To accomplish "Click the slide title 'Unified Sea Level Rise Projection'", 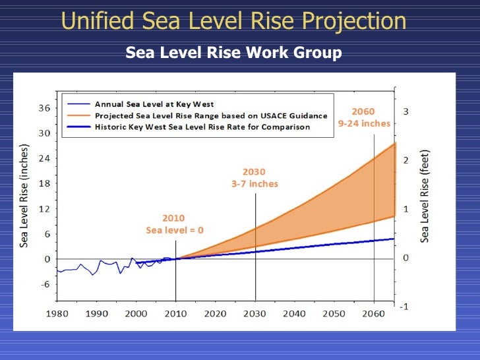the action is pyautogui.click(x=233, y=20).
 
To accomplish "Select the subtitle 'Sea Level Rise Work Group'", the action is pyautogui.click(x=233, y=52).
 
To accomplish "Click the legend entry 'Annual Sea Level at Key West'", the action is pyautogui.click(x=154, y=104).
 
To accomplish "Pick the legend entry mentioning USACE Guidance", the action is pyautogui.click(x=211, y=116).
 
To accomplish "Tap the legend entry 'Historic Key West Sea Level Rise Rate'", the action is pyautogui.click(x=202, y=127).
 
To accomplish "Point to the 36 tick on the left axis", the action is pyautogui.click(x=44, y=108).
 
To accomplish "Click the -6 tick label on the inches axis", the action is pyautogui.click(x=45, y=284).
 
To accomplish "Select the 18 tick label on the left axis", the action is pyautogui.click(x=44, y=183).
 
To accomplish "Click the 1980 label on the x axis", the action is pyautogui.click(x=57, y=314).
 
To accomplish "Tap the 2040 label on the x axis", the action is pyautogui.click(x=294, y=314).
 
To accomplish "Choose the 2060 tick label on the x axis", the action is pyautogui.click(x=373, y=314).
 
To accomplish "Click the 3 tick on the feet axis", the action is pyautogui.click(x=405, y=111).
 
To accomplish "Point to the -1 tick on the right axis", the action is pyautogui.click(x=404, y=307).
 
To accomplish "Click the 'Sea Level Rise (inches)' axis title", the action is pyautogui.click(x=24, y=196).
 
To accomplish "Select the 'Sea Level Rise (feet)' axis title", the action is pyautogui.click(x=425, y=196).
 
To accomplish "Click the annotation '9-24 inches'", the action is pyautogui.click(x=364, y=123).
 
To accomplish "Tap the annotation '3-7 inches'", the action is pyautogui.click(x=255, y=184).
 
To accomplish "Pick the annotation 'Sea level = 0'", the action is pyautogui.click(x=175, y=230).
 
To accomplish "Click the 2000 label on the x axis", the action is pyautogui.click(x=136, y=314).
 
